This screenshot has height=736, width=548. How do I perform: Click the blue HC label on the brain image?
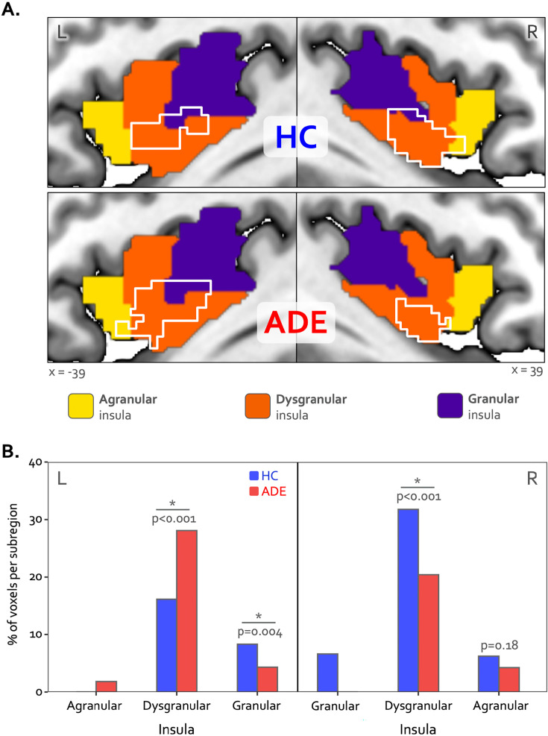click(295, 136)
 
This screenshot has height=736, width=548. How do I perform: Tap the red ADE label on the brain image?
click(295, 322)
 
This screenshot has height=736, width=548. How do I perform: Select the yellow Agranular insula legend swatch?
click(81, 406)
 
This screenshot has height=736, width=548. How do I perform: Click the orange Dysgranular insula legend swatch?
click(257, 406)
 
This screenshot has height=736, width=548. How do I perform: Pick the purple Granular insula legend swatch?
click(450, 406)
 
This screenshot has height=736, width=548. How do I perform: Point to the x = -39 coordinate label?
click(67, 373)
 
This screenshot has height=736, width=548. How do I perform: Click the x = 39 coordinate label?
click(527, 371)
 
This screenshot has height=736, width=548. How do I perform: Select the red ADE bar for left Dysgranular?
click(186, 611)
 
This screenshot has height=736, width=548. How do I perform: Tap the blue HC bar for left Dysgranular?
click(166, 645)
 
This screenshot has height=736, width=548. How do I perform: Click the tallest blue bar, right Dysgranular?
click(408, 600)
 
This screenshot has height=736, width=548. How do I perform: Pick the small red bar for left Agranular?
click(106, 686)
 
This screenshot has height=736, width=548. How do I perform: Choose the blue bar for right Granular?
click(327, 672)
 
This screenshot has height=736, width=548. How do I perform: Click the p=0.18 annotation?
click(500, 646)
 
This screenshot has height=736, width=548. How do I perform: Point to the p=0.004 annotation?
click(260, 632)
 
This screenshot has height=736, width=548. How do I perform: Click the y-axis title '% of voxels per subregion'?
click(13, 574)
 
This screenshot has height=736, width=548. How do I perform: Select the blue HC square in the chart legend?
click(253, 476)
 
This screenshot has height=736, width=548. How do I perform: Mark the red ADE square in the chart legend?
click(253, 491)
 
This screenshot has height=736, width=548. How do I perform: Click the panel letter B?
click(10, 451)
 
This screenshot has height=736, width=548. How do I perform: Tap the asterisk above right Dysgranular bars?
click(418, 481)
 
